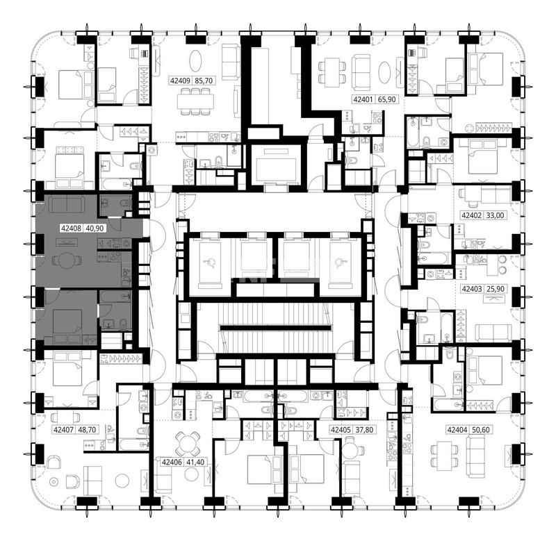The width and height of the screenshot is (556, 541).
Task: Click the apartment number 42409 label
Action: click(x=180, y=81)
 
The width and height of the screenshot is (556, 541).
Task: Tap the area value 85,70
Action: click(x=204, y=81)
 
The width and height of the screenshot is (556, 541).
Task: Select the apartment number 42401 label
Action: click(x=363, y=99)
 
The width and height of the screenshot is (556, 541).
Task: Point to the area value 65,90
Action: click(x=386, y=99)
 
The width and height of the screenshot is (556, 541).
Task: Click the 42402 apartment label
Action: click(x=471, y=215)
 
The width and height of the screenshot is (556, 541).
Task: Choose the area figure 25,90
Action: click(x=496, y=289)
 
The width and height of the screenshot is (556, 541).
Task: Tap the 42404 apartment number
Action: click(x=457, y=430)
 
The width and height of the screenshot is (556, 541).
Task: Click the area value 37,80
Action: click(x=364, y=430)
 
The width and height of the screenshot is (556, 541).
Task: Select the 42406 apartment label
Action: click(x=172, y=462)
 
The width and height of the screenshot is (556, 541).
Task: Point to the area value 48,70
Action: click(x=87, y=430)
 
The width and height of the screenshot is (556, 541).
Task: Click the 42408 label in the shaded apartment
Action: click(x=72, y=228)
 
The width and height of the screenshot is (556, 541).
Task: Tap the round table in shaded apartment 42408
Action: click(x=66, y=260)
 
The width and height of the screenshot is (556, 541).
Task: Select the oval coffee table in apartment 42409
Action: click(x=196, y=61)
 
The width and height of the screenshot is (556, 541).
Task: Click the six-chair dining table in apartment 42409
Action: click(x=195, y=101)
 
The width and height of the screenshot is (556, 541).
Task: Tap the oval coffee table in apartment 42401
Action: click(x=384, y=73)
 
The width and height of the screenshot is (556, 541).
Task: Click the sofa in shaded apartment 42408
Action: click(x=66, y=205)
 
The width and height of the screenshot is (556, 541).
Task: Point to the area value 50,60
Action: click(x=481, y=430)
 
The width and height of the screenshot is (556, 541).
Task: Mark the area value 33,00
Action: click(x=495, y=215)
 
